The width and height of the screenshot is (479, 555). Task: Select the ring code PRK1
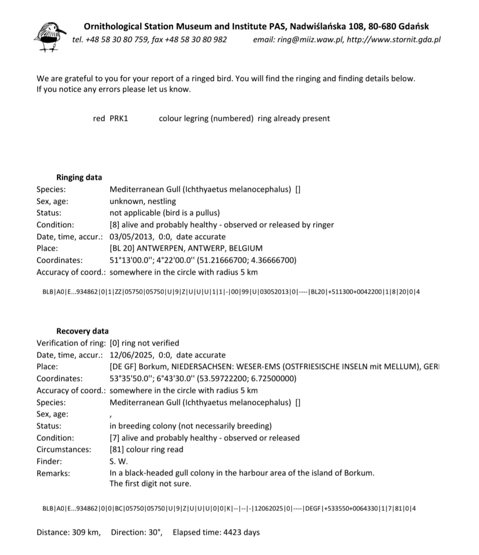[x=119, y=118]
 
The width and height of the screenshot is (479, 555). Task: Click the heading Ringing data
[x=79, y=177]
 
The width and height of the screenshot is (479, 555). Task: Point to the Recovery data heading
[x=82, y=331]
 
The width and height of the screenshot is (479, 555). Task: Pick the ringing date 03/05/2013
[x=129, y=237]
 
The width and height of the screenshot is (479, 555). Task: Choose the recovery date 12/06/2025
[x=129, y=355]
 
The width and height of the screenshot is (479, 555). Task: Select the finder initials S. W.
[x=118, y=461]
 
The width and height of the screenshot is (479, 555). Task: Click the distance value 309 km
[x=86, y=532]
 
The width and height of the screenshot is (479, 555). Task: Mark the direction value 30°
[x=154, y=532]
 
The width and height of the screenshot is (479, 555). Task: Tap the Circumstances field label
[x=64, y=450]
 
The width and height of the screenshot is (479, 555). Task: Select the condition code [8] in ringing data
[x=114, y=225]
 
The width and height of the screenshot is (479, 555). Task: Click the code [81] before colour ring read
[x=117, y=450]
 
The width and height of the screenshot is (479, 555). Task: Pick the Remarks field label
[x=53, y=473]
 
